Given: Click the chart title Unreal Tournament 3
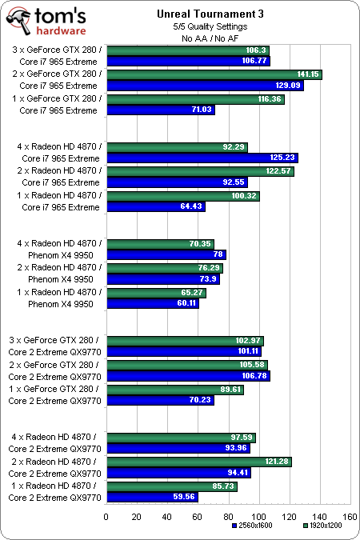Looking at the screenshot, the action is (x=210, y=14).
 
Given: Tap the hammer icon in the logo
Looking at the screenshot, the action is (x=19, y=21).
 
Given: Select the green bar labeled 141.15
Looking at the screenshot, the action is (x=214, y=74).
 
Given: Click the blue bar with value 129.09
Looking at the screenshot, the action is (x=206, y=86).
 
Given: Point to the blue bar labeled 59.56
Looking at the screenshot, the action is (x=152, y=497).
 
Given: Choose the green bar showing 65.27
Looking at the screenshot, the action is (x=157, y=293).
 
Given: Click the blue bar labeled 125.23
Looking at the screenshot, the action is (x=202, y=158).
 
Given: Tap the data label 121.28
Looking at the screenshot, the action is (x=276, y=461).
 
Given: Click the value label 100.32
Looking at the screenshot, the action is (x=244, y=196).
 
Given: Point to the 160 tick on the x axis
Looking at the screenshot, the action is (x=350, y=517).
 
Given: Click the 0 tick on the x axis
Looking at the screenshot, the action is (x=106, y=517).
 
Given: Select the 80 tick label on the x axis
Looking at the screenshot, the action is (x=228, y=517).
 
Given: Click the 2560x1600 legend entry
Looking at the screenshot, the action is (x=252, y=526).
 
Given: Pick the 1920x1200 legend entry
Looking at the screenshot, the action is (x=322, y=526).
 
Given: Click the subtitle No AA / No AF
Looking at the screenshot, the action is (x=210, y=38).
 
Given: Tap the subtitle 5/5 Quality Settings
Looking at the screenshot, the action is (x=210, y=26).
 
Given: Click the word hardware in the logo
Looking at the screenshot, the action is (x=61, y=30).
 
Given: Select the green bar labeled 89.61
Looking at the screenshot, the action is (x=175, y=390).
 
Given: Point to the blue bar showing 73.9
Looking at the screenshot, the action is (x=163, y=279).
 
